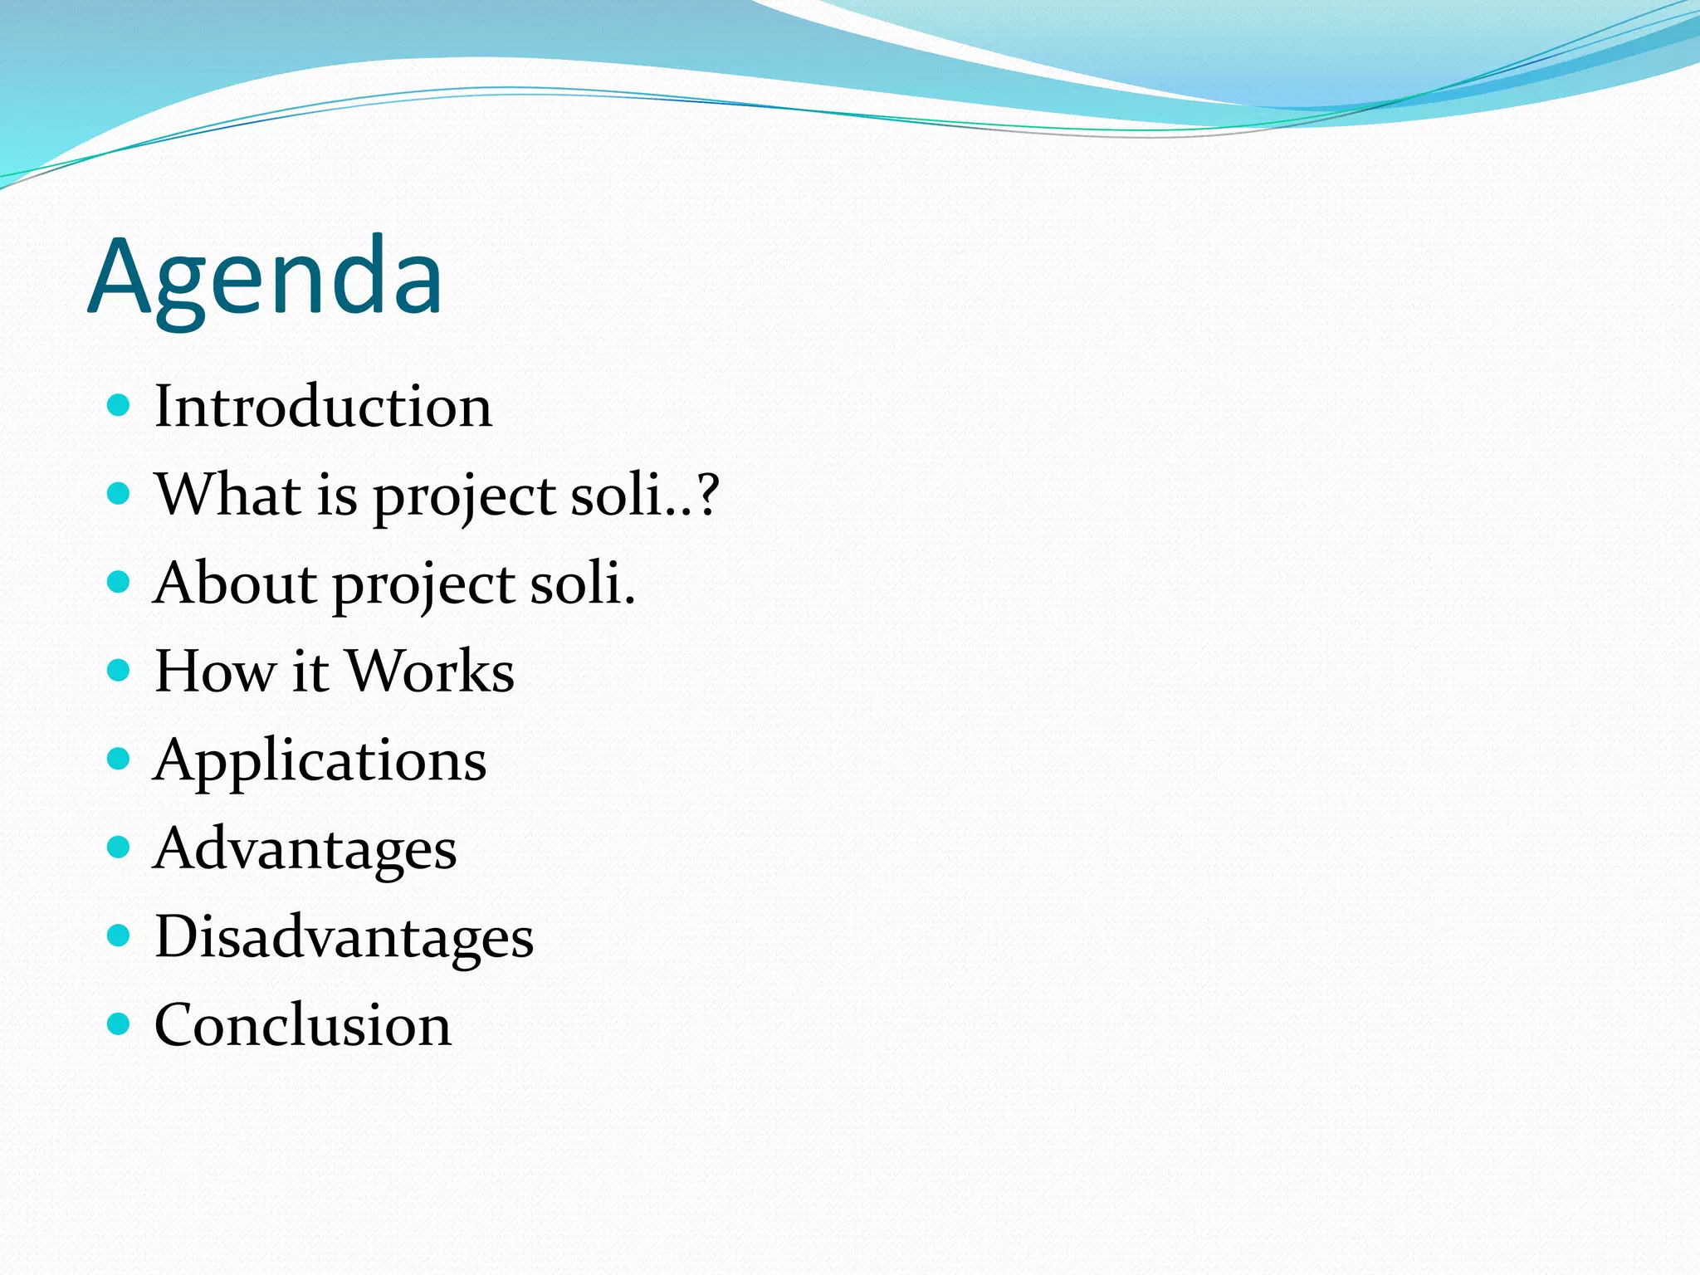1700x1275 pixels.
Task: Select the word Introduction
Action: tap(323, 407)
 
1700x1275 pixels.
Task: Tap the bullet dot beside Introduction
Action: tap(120, 405)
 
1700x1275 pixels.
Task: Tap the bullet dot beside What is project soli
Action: tap(120, 494)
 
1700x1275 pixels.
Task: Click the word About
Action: tap(235, 583)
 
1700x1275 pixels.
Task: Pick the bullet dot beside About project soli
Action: tap(120, 582)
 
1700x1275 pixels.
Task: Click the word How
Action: tap(215, 671)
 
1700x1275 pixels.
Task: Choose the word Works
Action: tap(430, 671)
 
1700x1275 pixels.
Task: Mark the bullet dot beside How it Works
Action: tap(120, 670)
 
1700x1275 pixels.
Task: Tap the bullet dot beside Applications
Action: tap(120, 759)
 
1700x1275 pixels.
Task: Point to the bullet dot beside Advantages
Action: tap(120, 847)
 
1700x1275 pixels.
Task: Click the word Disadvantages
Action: tap(344, 938)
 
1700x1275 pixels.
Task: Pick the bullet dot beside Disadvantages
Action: tap(120, 935)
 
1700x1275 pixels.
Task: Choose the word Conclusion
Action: tap(303, 1025)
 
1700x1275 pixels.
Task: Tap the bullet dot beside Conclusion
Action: tap(120, 1023)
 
